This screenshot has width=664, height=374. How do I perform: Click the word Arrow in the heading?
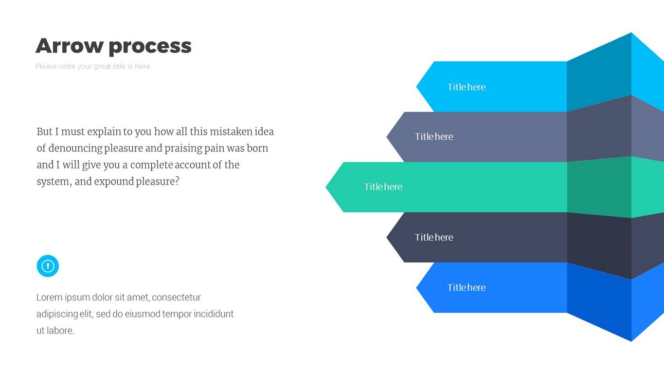(70, 46)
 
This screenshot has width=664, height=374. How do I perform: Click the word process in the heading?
(150, 47)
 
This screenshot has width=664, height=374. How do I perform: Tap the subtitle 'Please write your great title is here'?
(92, 66)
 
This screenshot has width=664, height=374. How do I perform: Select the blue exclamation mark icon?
(48, 266)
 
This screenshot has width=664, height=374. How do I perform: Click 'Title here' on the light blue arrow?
(467, 87)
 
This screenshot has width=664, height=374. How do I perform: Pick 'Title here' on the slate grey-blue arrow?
(434, 136)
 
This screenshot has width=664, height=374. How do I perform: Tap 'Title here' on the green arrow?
(383, 187)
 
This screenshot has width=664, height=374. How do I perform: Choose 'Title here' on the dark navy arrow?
(434, 237)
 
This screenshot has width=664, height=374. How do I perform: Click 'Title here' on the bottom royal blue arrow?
(467, 287)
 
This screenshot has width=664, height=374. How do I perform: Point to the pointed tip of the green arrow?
(326, 187)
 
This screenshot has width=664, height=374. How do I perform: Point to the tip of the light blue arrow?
(416, 87)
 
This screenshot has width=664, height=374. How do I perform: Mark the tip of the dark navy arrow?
(387, 237)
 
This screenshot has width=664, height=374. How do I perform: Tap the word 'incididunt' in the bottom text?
(214, 314)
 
